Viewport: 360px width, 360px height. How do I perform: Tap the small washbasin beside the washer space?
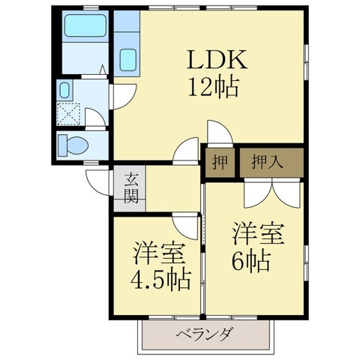(x=64, y=91)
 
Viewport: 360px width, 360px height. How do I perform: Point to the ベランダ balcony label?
(x=204, y=334)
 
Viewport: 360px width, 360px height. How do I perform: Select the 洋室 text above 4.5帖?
(x=158, y=251)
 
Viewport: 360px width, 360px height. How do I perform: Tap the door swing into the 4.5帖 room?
(x=184, y=224)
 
